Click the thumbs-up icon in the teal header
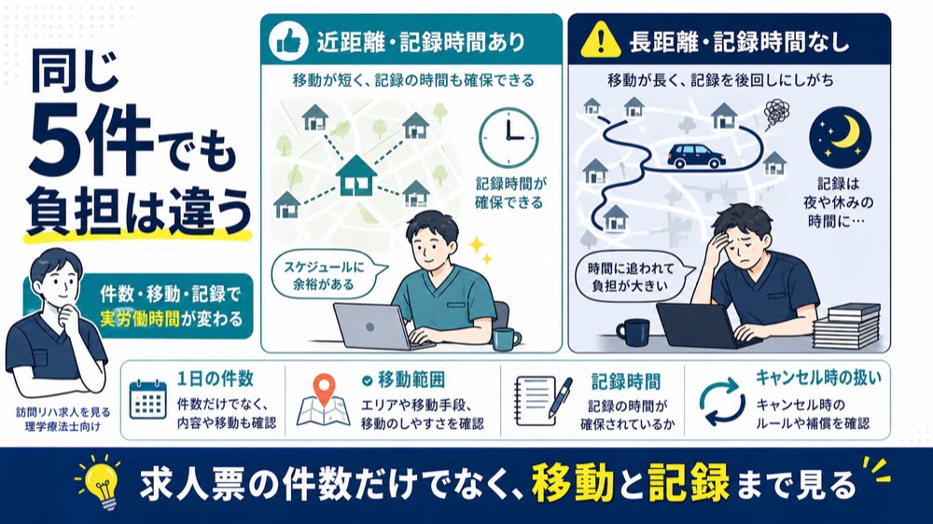point(288,41)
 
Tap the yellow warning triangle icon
point(600,40)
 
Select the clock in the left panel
point(508,137)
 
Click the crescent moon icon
point(841,137)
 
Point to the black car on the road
point(696,156)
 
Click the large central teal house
point(356,175)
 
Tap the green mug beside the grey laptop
point(506,339)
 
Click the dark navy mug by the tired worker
point(632,332)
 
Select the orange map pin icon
point(324,390)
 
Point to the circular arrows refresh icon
point(722,401)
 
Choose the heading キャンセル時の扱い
point(818,377)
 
